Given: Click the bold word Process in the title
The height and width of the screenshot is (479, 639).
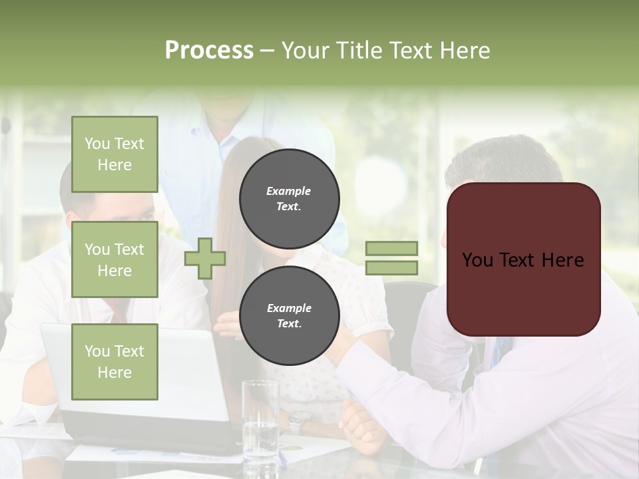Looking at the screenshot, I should [209, 51].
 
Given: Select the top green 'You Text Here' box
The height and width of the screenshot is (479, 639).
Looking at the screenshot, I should [114, 154].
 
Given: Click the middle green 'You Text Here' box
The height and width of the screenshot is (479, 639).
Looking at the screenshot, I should [114, 259].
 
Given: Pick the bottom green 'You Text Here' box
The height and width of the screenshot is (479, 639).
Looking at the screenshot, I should [114, 361].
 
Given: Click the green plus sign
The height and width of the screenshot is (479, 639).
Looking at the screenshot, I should [205, 259].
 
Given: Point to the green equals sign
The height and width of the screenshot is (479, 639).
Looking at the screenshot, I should [391, 258].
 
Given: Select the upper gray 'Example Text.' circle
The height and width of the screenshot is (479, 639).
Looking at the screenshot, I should [289, 199].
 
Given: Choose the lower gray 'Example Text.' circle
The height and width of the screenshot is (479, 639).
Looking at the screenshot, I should [289, 316].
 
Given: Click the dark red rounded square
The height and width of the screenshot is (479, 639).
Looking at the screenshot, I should [523, 259].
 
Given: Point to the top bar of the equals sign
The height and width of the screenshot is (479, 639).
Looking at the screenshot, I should [391, 249].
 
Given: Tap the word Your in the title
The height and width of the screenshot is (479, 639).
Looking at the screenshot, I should [303, 51].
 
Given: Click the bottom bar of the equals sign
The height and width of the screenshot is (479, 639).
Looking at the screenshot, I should [391, 267].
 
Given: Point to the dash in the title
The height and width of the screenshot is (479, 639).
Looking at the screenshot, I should [268, 51].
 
